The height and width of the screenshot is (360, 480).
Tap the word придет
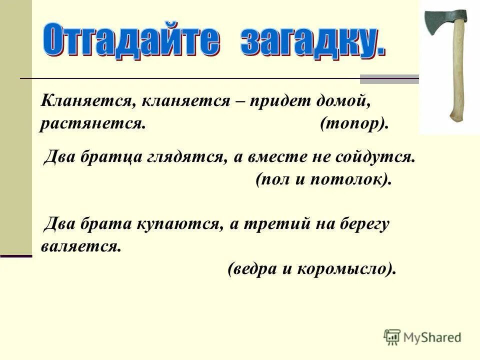coord(277,101)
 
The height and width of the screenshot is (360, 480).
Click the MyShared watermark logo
coord(422,337)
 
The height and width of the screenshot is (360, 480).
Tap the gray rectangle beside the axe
coord(389,79)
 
